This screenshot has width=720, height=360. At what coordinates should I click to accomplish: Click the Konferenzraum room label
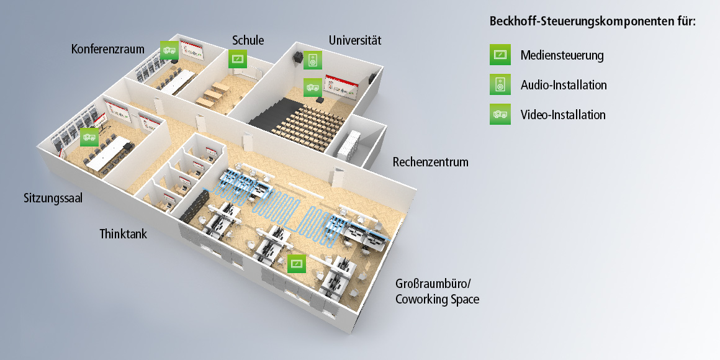coord(107,48)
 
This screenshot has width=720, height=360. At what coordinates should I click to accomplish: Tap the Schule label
coord(248,40)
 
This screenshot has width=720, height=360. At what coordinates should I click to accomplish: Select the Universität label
coord(354,40)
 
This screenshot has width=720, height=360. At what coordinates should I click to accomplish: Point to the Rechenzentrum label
coord(430,163)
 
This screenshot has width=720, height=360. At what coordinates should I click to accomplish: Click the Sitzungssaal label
coord(53,199)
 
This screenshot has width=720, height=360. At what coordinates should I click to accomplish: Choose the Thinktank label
coord(123,234)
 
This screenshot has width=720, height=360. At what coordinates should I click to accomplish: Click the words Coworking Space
coord(438,299)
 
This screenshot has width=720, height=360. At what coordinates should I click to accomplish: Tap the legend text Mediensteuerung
coord(562,55)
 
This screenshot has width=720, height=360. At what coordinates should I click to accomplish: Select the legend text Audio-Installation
coord(564,85)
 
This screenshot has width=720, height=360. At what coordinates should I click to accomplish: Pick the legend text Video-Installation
coord(563,115)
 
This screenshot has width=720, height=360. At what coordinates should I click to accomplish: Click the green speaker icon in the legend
coord(500,84)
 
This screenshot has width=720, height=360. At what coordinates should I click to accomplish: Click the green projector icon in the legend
coord(500,114)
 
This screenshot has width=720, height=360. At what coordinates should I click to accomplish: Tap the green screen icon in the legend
coord(500,55)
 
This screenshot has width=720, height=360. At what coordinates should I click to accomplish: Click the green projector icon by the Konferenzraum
coord(169,50)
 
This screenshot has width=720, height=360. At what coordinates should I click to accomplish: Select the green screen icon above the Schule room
coord(238,60)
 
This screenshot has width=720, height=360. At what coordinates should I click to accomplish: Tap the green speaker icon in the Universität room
coord(313,60)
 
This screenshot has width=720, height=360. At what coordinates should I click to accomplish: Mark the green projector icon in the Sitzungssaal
coord(89,137)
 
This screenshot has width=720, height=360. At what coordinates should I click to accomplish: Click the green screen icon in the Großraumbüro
coord(297,263)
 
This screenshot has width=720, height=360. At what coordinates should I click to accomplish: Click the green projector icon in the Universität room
coord(312,87)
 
